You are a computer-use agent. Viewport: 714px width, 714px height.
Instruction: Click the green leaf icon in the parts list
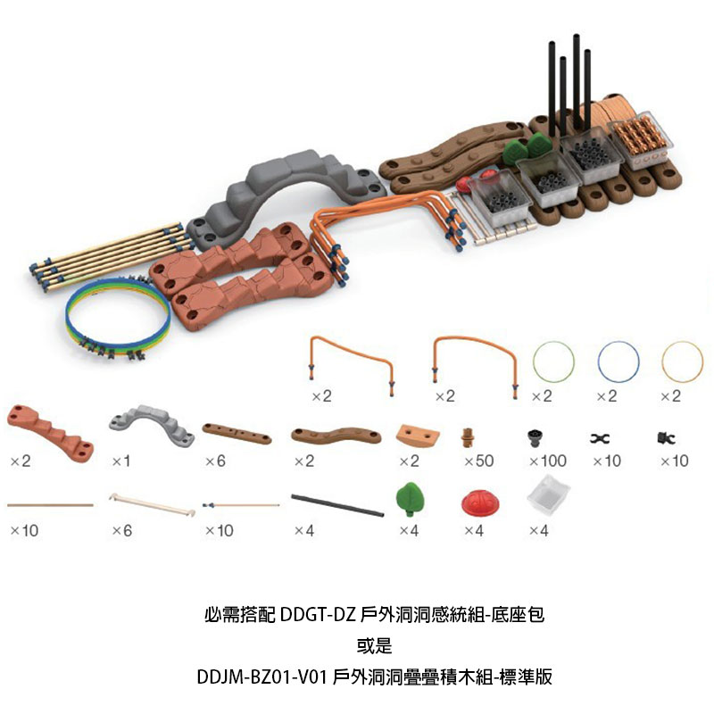coord(411,499)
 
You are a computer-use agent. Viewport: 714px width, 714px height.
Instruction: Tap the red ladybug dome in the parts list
coord(480,503)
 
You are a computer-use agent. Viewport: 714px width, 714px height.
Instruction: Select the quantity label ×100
coord(548,461)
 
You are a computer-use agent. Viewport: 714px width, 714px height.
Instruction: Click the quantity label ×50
coord(479,461)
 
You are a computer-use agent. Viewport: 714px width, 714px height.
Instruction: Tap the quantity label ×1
coord(121,461)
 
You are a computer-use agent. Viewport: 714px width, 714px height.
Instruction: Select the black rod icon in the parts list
coord(337,505)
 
